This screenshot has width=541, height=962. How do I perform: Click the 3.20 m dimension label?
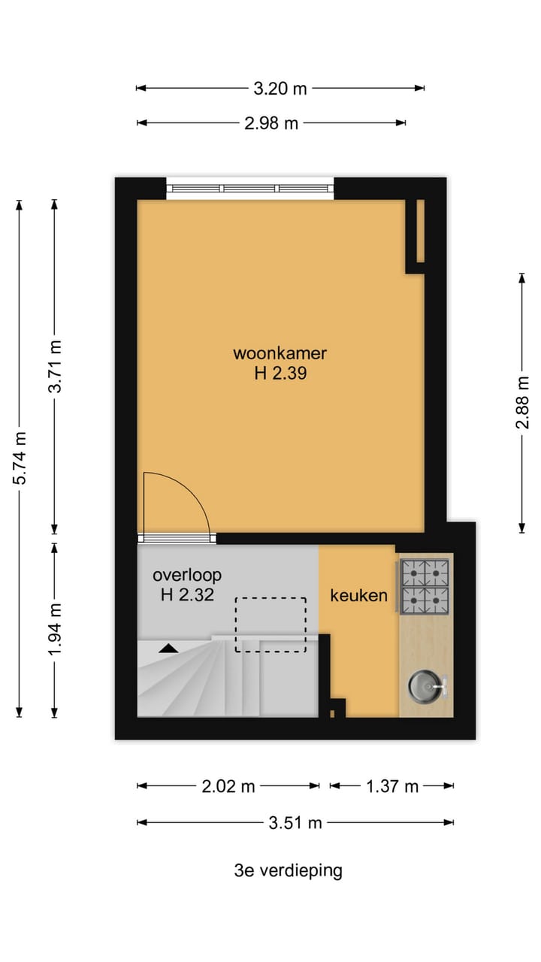(280, 89)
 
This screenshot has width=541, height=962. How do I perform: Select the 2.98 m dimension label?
(271, 123)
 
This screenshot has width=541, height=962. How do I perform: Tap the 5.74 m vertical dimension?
(21, 458)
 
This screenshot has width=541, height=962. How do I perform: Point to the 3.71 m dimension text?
(55, 366)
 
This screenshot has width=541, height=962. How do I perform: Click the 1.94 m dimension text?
(55, 628)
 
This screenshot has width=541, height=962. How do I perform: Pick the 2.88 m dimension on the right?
(522, 402)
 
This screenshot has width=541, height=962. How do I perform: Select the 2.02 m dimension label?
(228, 787)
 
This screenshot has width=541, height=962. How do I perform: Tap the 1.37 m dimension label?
(391, 787)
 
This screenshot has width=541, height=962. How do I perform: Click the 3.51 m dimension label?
(295, 823)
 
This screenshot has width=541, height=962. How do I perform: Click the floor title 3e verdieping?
(288, 871)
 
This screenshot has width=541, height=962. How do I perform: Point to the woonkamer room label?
(280, 353)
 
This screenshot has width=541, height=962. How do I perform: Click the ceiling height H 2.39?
(280, 374)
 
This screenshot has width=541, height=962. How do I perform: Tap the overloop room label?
(187, 576)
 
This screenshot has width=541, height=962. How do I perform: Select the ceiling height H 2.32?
(187, 596)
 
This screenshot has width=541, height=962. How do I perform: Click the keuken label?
(358, 596)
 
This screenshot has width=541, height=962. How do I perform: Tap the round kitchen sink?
(424, 685)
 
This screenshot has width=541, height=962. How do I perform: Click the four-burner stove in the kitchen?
(425, 587)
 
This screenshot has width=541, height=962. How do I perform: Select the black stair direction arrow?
(168, 647)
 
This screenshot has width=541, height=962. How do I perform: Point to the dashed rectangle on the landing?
(270, 625)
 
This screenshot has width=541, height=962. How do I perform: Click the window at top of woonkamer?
(249, 189)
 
